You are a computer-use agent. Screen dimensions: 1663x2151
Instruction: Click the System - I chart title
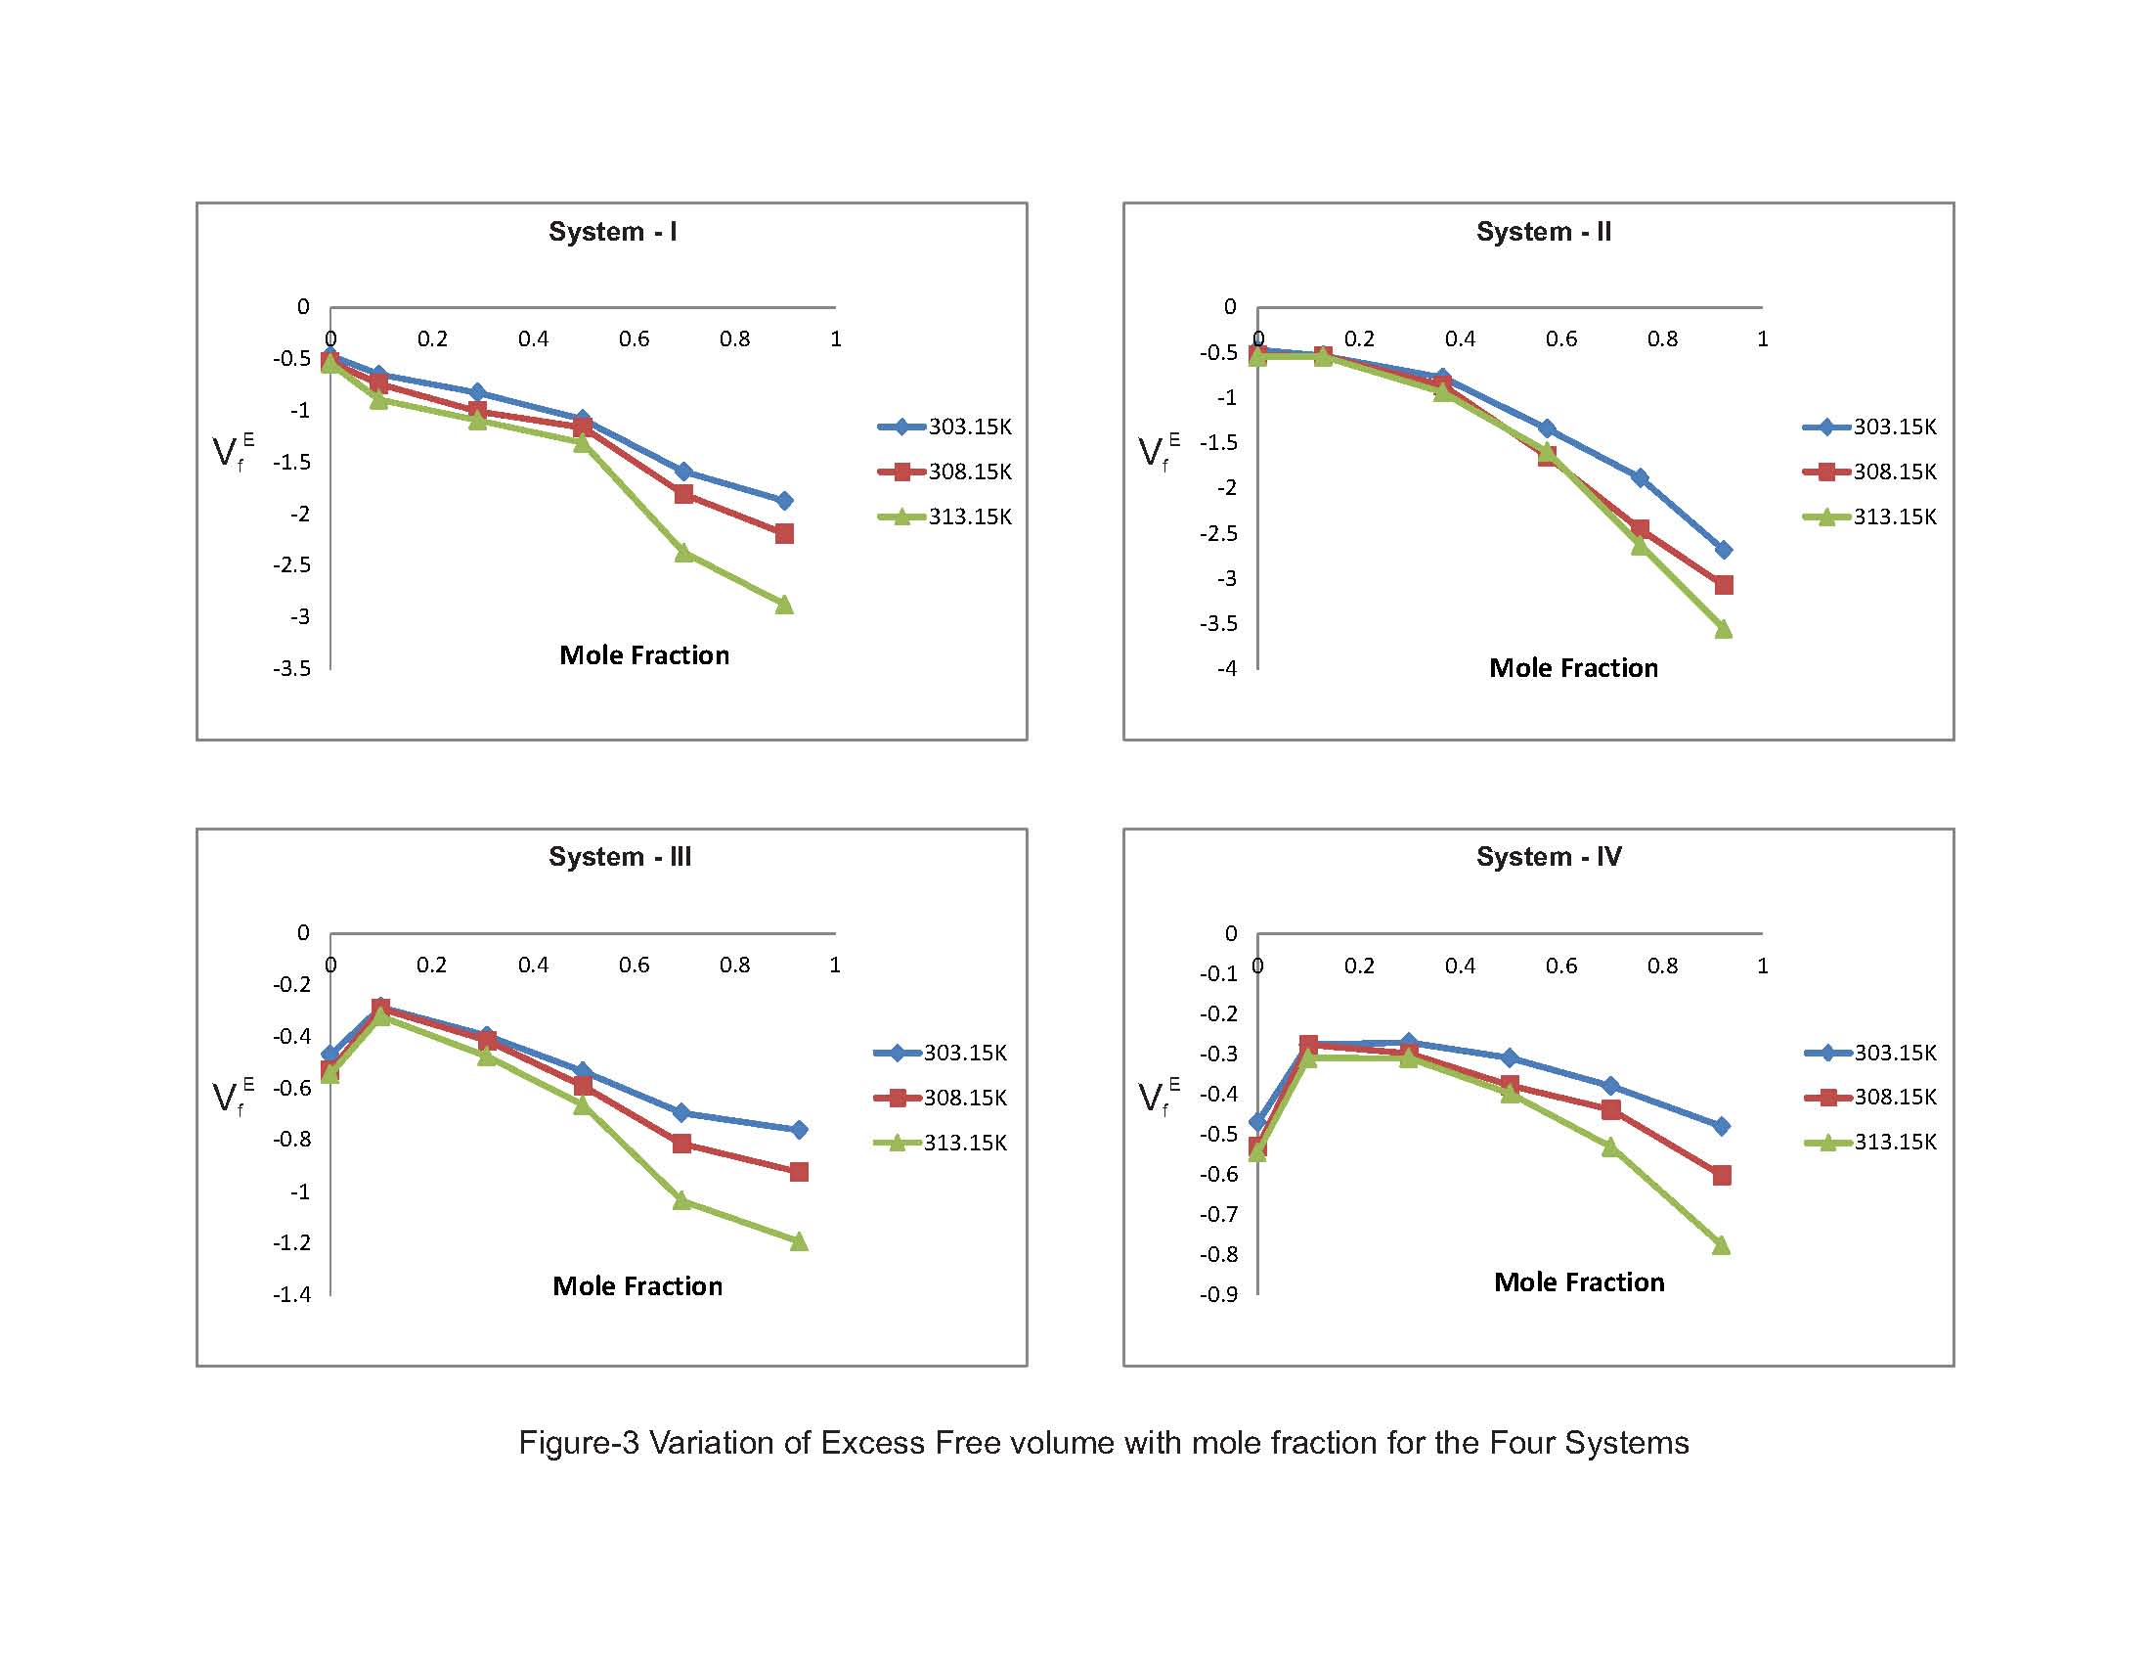coord(612,232)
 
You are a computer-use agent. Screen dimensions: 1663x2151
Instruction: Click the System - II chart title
coord(1543,232)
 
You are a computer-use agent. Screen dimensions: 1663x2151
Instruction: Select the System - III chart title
coord(620,857)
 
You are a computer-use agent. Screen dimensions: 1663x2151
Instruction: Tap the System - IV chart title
coord(1549,857)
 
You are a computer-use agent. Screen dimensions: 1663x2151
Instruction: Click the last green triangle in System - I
coord(784,605)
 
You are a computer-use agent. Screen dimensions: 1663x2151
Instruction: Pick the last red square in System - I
coord(784,534)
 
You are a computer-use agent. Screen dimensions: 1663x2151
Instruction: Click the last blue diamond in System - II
coord(1723,550)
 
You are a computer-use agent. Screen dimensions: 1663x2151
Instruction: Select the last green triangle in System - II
coord(1723,630)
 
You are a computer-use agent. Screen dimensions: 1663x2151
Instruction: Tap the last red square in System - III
coord(799,1172)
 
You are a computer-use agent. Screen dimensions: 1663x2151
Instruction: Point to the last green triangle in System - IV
coord(1721,1246)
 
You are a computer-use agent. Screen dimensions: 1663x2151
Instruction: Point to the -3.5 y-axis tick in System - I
coord(292,669)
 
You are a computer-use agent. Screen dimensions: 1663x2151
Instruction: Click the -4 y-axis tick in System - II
coord(1226,669)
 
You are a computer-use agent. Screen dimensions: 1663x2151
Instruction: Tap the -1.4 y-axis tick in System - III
coord(292,1294)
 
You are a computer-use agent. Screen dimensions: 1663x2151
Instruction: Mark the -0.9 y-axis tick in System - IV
coord(1218,1294)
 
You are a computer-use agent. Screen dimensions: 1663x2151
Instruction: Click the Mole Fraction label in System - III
coord(637,1286)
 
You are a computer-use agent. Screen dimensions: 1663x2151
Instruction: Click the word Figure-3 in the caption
coord(578,1443)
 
